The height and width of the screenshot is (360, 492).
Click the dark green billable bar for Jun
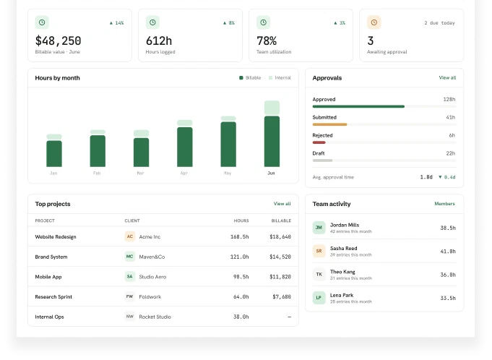tap(272, 141)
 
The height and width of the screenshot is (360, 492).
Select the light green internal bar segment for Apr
tap(185, 123)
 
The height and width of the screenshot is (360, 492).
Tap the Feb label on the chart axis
tap(97, 173)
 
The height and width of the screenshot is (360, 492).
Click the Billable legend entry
tap(250, 78)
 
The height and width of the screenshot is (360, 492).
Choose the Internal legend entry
tap(280, 78)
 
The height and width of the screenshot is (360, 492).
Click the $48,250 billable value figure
tap(58, 40)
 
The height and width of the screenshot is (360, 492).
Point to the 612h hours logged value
tap(159, 40)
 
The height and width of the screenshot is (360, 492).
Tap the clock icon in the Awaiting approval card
tap(374, 22)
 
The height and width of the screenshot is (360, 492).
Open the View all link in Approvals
tap(447, 77)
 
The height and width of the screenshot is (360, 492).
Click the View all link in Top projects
tap(282, 204)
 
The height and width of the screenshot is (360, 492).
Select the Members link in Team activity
tap(444, 204)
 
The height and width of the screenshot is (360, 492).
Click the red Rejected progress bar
tap(319, 142)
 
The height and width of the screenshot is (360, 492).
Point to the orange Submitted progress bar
tap(329, 124)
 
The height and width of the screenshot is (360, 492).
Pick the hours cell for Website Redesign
tap(239, 236)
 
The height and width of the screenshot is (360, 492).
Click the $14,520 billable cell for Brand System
tap(280, 257)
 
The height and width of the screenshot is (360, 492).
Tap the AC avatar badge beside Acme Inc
tap(130, 236)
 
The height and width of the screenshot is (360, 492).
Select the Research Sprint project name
tap(53, 296)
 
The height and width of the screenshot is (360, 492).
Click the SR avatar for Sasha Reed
tap(319, 251)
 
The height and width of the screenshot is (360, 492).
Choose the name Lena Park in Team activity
tap(342, 295)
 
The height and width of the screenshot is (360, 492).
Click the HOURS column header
tap(241, 220)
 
